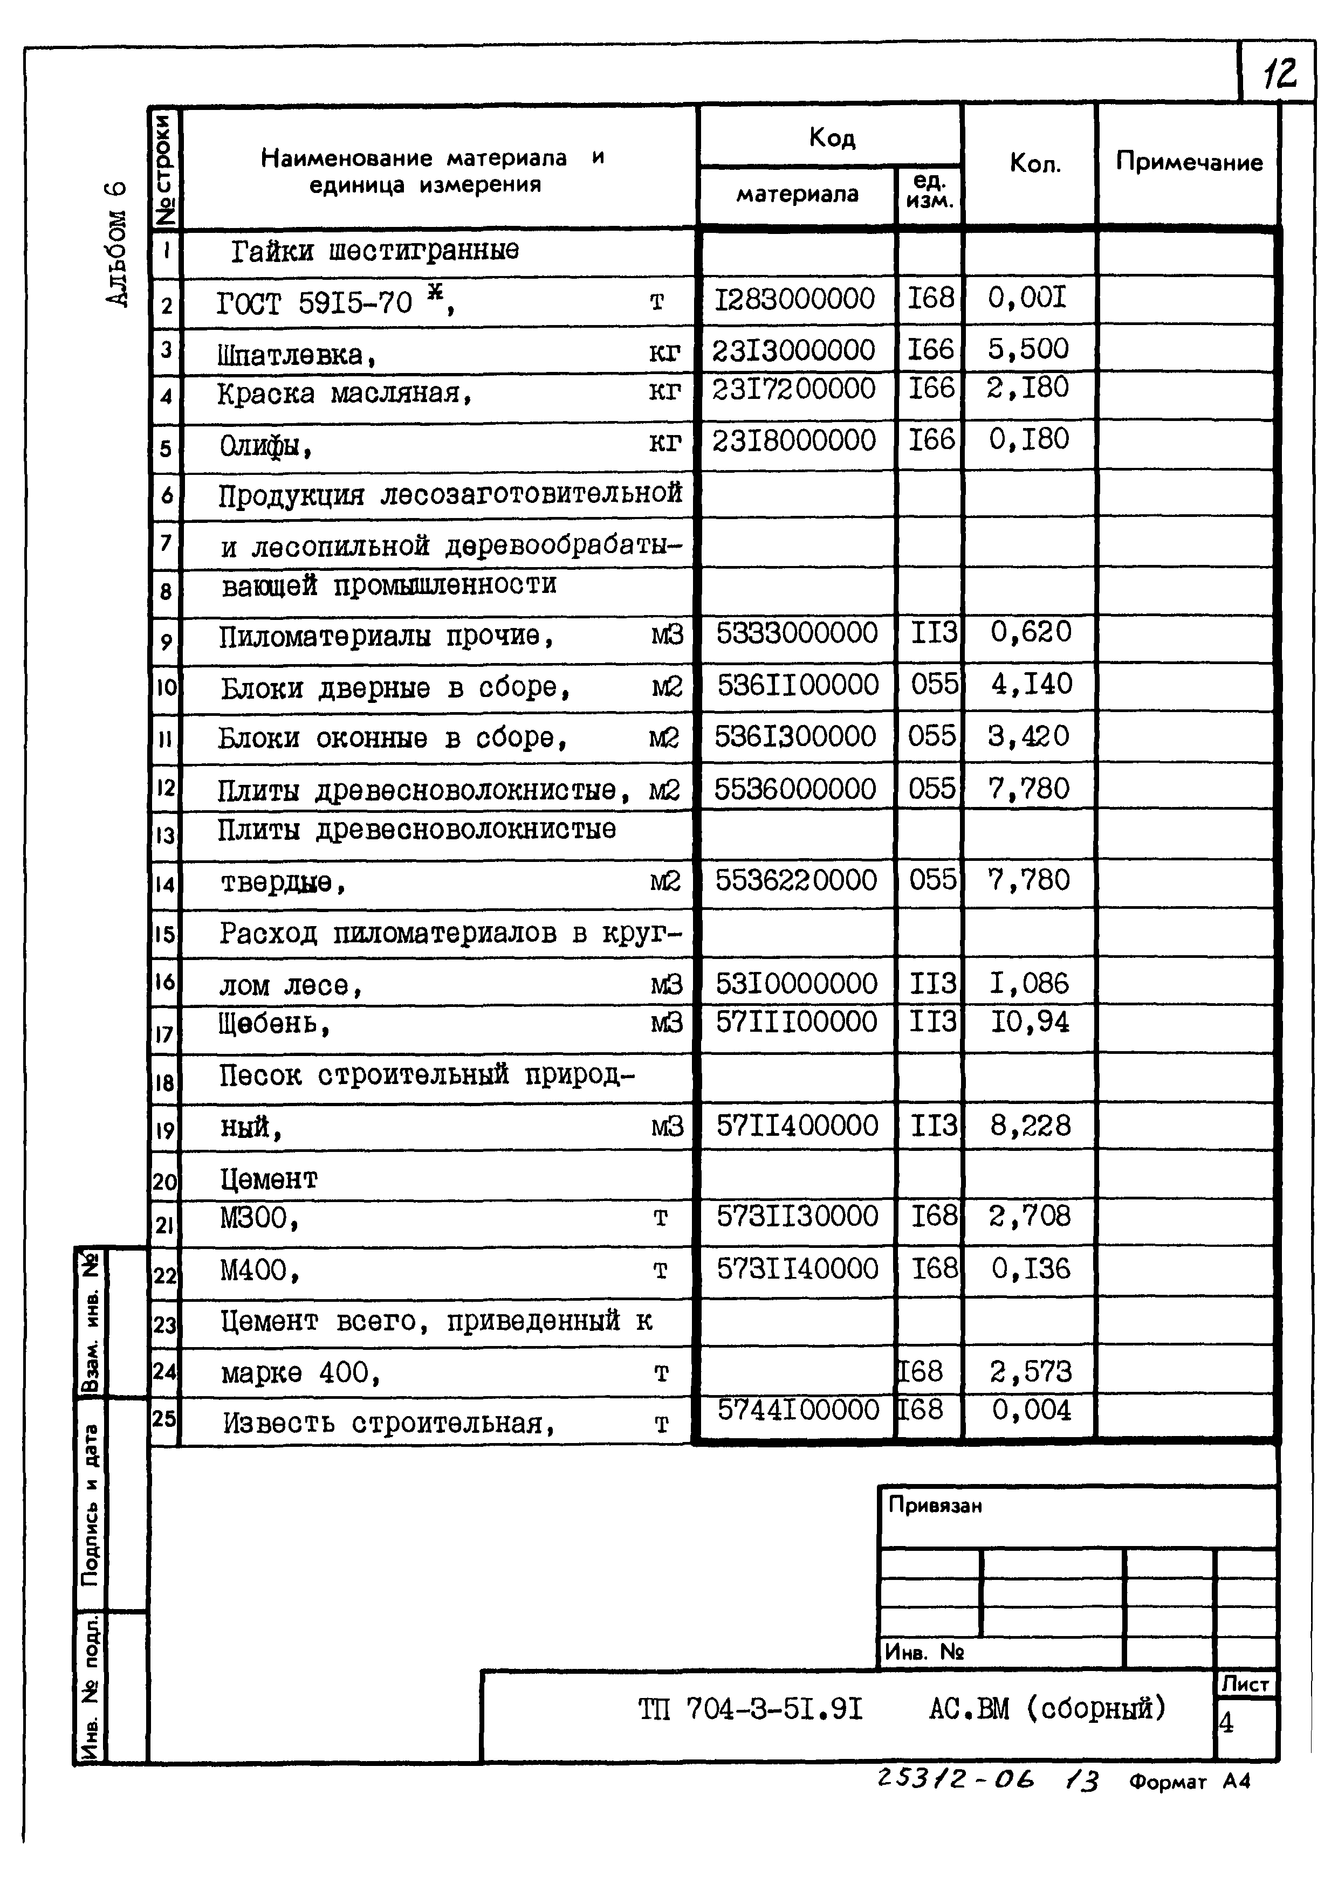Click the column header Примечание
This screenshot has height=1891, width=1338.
coord(1188,162)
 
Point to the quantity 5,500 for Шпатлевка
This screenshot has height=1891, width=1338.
coord(1028,349)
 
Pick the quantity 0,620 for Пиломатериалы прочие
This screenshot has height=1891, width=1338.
coord(1030,632)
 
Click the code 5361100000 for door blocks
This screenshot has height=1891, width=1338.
coord(798,685)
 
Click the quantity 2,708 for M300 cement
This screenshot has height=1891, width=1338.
coord(1030,1216)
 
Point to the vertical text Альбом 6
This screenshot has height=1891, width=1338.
coord(117,244)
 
